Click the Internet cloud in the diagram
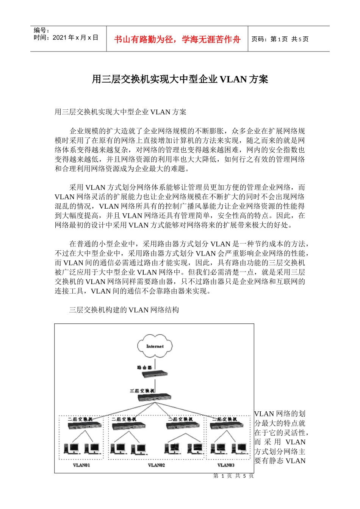point(154,347)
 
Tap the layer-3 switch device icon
point(154,398)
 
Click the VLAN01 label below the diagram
point(81,465)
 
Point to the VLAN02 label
point(156,465)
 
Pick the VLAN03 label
point(226,465)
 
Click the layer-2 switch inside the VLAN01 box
point(85,426)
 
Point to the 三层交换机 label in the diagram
point(142,390)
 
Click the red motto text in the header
point(177,39)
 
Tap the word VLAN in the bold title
point(233,79)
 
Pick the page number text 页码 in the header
point(260,39)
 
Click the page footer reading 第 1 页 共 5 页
point(233,476)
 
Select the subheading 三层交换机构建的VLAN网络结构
point(124,310)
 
